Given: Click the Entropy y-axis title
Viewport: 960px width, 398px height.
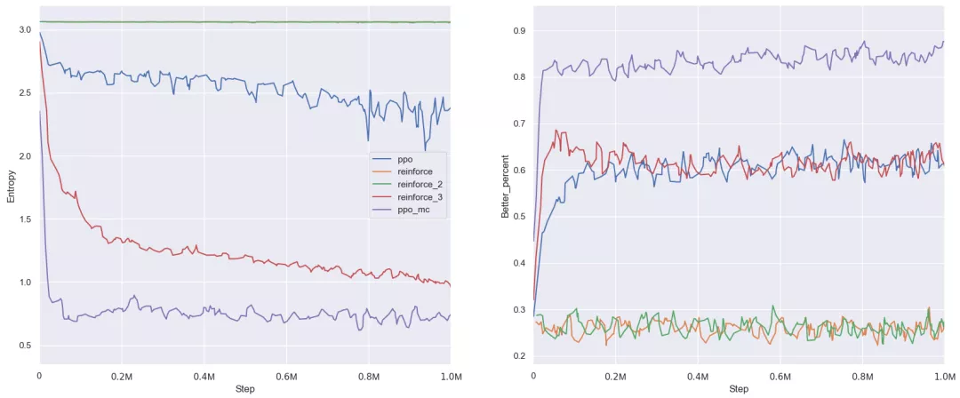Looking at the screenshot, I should [11, 186].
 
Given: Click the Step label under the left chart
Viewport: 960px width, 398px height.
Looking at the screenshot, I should [245, 389].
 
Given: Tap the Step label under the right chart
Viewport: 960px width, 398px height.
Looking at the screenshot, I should [739, 389].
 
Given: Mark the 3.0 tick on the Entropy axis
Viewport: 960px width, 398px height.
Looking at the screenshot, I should [24, 30].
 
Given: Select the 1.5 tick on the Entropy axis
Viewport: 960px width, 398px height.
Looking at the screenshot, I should [24, 219].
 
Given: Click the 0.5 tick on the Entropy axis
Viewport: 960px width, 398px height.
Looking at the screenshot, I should [24, 346].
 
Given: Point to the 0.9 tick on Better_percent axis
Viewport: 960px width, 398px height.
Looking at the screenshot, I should [518, 31].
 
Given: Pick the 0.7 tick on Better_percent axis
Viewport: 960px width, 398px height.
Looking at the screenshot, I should [518, 123].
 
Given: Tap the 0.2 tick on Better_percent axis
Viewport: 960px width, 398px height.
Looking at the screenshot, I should [518, 356].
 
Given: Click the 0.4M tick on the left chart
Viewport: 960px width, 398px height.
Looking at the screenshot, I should [204, 377].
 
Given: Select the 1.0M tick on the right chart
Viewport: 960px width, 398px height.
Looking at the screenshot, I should [943, 377].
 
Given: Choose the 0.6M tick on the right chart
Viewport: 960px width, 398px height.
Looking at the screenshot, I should [780, 377].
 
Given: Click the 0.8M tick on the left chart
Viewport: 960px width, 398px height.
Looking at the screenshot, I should [368, 377].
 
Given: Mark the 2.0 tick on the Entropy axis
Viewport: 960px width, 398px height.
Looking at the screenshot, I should [24, 156].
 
